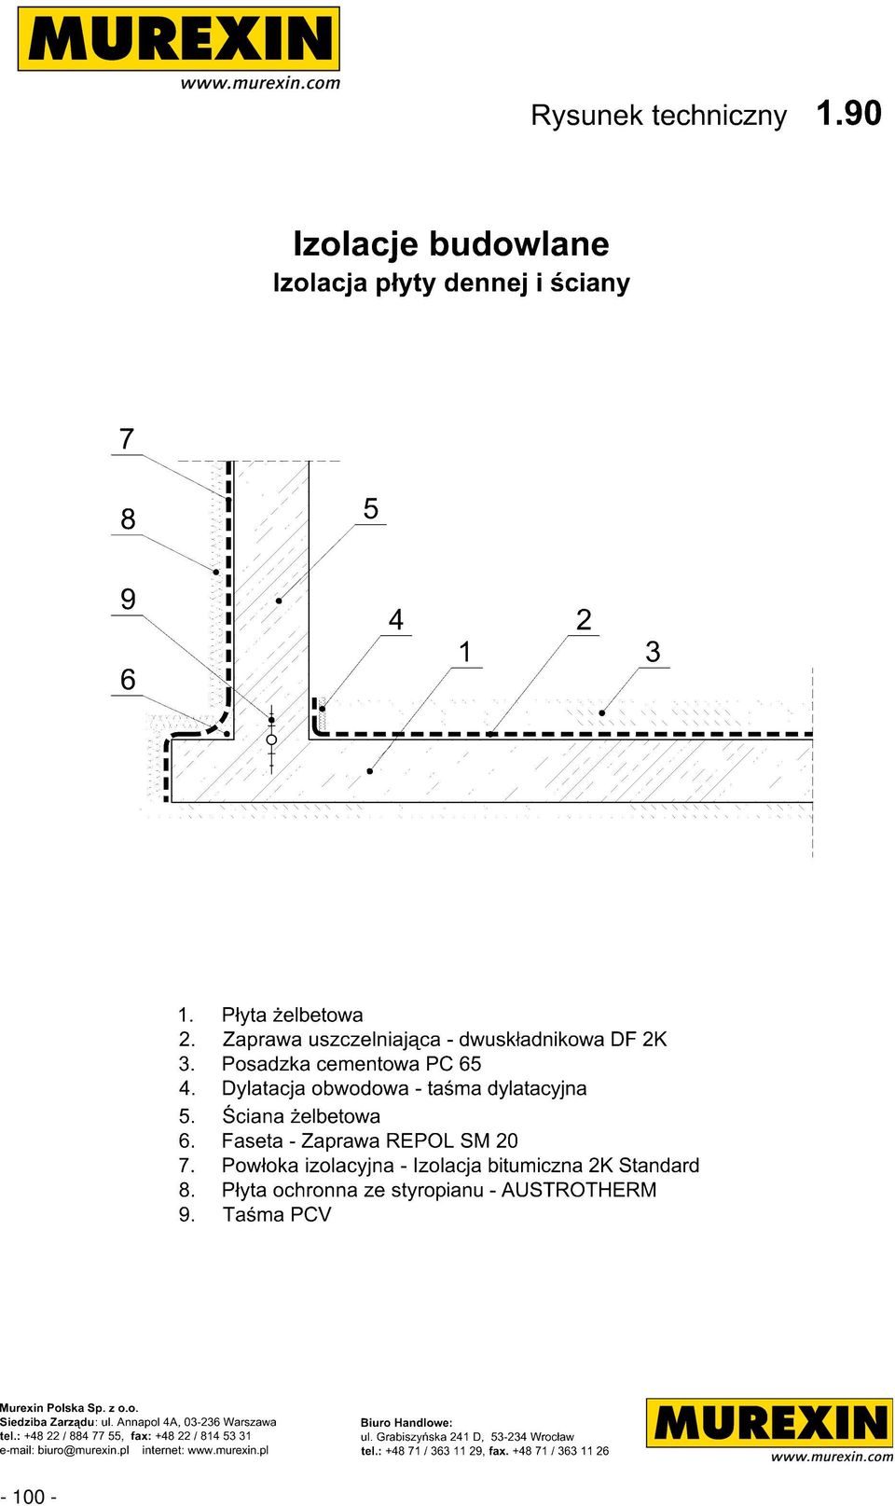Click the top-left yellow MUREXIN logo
coord(179,39)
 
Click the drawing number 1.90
coord(848,114)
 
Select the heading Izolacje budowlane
coord(451,244)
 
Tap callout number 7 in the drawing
coord(127,439)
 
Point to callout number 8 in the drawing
coord(128,519)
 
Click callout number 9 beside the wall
coord(128,599)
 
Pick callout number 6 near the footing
coord(128,679)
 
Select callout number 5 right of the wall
coord(371,509)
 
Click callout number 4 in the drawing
coord(396,620)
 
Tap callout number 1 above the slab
coord(464,652)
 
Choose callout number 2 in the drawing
coord(584,620)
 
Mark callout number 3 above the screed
coord(654,652)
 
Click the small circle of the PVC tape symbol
coord(271,739)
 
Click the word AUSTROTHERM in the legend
coord(579,1189)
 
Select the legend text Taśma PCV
coord(276,1214)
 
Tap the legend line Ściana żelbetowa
coord(301,1116)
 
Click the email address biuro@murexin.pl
coord(83,1450)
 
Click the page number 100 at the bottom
coord(28,1496)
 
